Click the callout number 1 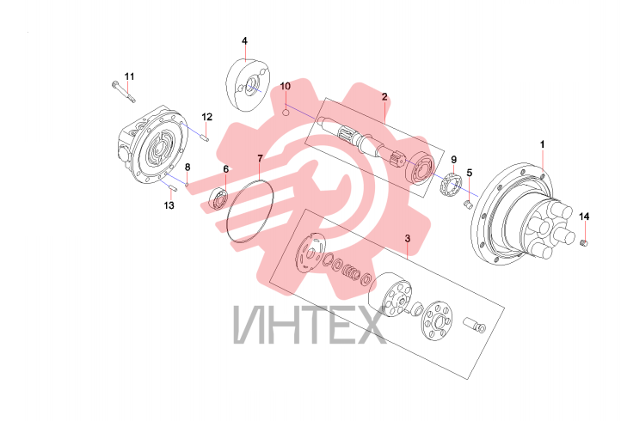(543, 144)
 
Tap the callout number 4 (245, 40)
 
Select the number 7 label (260, 159)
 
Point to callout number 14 (584, 217)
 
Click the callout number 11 (130, 76)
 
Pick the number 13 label (169, 205)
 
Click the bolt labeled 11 (124, 91)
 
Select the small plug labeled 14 (583, 242)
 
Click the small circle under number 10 (286, 113)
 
